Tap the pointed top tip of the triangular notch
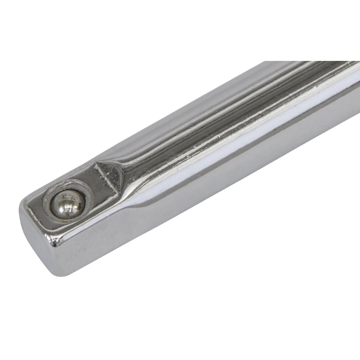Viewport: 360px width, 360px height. tap(97, 163)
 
